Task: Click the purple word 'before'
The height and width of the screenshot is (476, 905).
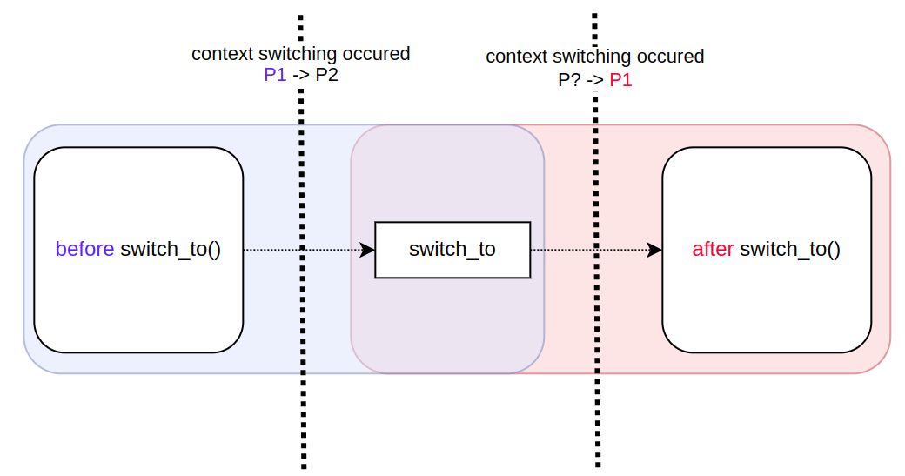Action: click(x=84, y=249)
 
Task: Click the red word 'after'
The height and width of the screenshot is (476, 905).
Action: click(x=713, y=249)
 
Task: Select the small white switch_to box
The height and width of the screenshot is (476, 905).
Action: click(x=452, y=250)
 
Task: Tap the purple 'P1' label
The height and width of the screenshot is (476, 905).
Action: click(x=275, y=75)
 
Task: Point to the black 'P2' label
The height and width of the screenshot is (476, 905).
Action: click(x=327, y=75)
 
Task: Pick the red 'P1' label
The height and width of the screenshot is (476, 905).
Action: click(x=620, y=80)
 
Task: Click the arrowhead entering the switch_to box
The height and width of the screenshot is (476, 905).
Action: click(x=367, y=250)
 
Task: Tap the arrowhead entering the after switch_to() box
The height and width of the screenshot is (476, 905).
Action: click(x=654, y=250)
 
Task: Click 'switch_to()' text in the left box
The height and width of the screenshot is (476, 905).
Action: click(x=171, y=249)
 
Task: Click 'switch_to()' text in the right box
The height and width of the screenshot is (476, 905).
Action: click(x=790, y=249)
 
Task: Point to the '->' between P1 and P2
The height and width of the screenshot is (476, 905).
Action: click(x=301, y=75)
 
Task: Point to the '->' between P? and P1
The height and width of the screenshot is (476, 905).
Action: click(x=595, y=80)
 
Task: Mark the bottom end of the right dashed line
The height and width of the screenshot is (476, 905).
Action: click(x=598, y=466)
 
